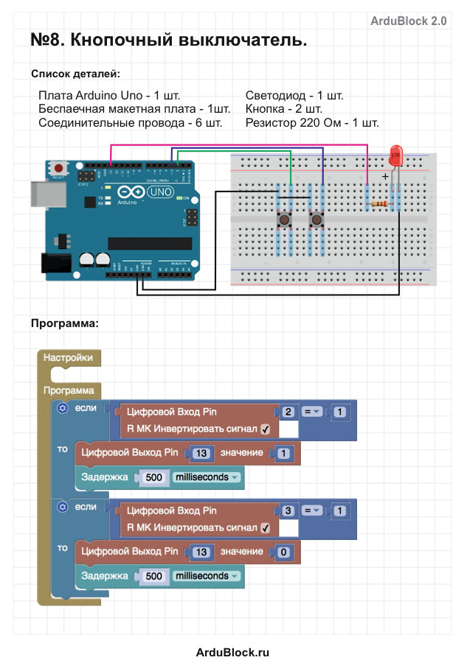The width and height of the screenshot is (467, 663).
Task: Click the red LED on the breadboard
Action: tap(395, 155)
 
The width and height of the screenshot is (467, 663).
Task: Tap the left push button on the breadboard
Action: tap(283, 220)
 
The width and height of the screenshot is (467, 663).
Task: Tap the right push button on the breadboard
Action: tap(316, 220)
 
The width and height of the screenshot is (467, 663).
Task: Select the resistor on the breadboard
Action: tap(380, 204)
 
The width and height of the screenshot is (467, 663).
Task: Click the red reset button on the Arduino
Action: tap(58, 168)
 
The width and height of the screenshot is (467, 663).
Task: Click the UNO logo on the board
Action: tap(159, 192)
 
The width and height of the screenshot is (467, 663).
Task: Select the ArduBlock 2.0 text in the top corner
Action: tap(408, 21)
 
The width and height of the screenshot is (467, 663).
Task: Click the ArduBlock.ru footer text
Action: tap(232, 652)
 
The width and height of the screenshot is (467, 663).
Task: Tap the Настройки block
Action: tap(68, 357)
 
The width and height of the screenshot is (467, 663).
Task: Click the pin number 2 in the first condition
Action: tap(288, 413)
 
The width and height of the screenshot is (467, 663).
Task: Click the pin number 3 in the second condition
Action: tap(288, 511)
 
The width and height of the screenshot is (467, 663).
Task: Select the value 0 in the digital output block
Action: tap(283, 552)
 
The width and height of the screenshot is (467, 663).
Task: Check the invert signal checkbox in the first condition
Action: tap(266, 429)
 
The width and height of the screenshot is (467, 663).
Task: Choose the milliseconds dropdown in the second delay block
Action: tap(207, 576)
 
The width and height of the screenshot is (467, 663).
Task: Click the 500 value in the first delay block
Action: tap(154, 477)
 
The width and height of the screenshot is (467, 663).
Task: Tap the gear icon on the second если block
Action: tap(63, 507)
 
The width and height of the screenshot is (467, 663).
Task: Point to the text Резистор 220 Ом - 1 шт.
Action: tap(312, 122)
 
